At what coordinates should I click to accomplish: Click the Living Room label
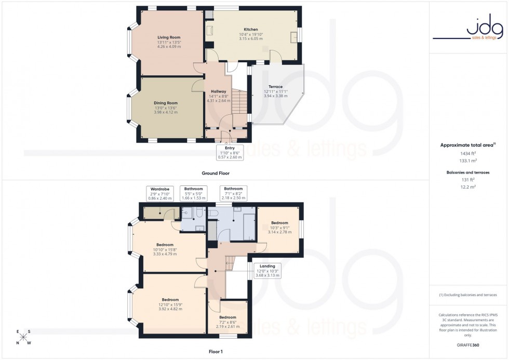(x=168, y=37)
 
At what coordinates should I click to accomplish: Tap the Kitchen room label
(x=251, y=30)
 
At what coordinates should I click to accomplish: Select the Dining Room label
(x=165, y=103)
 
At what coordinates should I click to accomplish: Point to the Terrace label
(x=275, y=87)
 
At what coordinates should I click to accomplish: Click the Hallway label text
(x=218, y=91)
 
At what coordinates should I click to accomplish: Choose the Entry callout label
(x=230, y=151)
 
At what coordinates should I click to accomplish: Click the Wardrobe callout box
(x=160, y=193)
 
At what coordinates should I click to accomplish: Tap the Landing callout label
(x=267, y=270)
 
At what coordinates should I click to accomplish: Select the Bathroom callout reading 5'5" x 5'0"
(x=193, y=193)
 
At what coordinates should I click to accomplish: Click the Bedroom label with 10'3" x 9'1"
(x=279, y=223)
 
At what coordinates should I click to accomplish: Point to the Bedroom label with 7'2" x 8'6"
(x=227, y=317)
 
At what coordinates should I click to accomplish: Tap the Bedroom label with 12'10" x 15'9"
(x=170, y=300)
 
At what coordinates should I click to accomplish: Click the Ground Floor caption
(x=216, y=173)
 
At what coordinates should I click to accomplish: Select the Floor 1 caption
(x=215, y=352)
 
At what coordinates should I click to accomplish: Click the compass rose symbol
(x=23, y=337)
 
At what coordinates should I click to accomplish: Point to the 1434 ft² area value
(x=468, y=154)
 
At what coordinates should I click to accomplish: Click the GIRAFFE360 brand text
(x=468, y=345)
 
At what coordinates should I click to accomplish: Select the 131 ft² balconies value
(x=468, y=180)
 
